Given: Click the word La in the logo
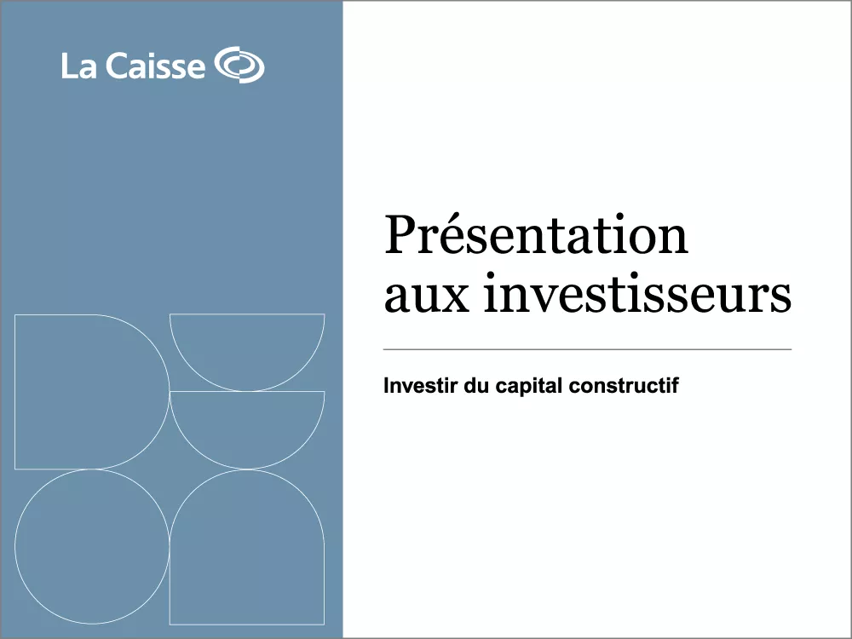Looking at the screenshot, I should point(78,66).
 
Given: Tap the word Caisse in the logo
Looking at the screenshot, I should point(155,66).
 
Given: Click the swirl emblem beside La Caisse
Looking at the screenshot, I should point(239,66).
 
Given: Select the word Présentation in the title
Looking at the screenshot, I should point(536,236).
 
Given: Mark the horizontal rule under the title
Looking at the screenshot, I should point(588,349).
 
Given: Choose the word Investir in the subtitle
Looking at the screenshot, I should point(415,386).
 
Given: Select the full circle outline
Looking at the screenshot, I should point(92,546).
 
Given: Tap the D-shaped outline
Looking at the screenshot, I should point(85,392).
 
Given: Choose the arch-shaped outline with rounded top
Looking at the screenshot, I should point(247,554).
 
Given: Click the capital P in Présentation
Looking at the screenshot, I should point(400,236).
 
